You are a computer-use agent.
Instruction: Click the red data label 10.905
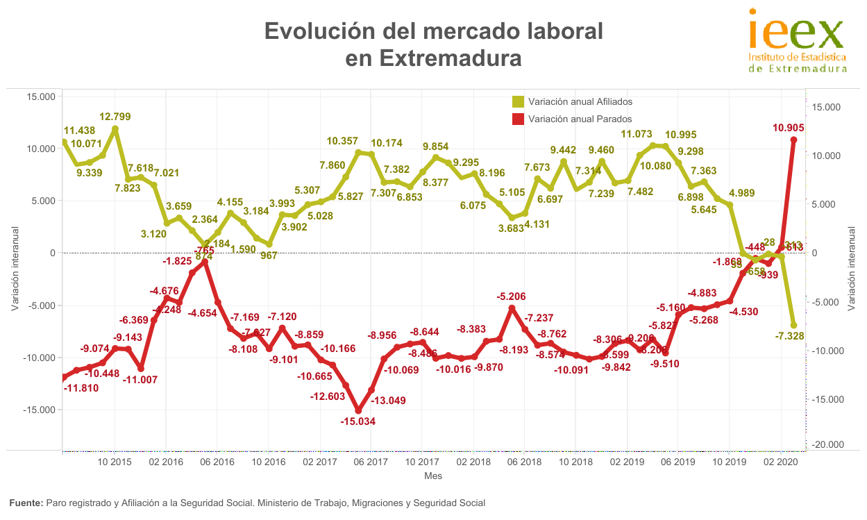tap(788, 128)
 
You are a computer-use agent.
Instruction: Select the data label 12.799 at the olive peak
tap(115, 117)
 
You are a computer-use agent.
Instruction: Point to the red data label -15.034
tap(357, 421)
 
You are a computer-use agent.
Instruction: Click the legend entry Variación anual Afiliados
tap(580, 102)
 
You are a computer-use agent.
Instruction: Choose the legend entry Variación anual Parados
tap(580, 119)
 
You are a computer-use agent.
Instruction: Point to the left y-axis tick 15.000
tap(40, 97)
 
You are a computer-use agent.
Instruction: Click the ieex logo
tap(797, 39)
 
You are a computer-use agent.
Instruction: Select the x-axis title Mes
tap(433, 476)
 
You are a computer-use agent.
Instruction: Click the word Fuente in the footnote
tap(25, 503)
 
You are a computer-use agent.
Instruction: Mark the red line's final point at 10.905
tap(793, 140)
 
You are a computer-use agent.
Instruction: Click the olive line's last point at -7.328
tap(793, 325)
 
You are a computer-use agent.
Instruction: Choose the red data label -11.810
tap(85, 388)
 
